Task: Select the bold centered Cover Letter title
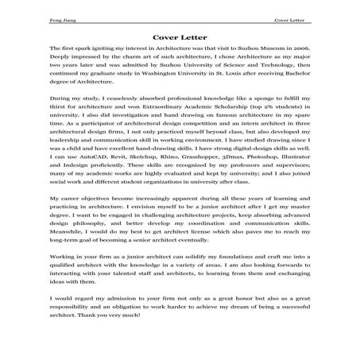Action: (180, 35)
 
